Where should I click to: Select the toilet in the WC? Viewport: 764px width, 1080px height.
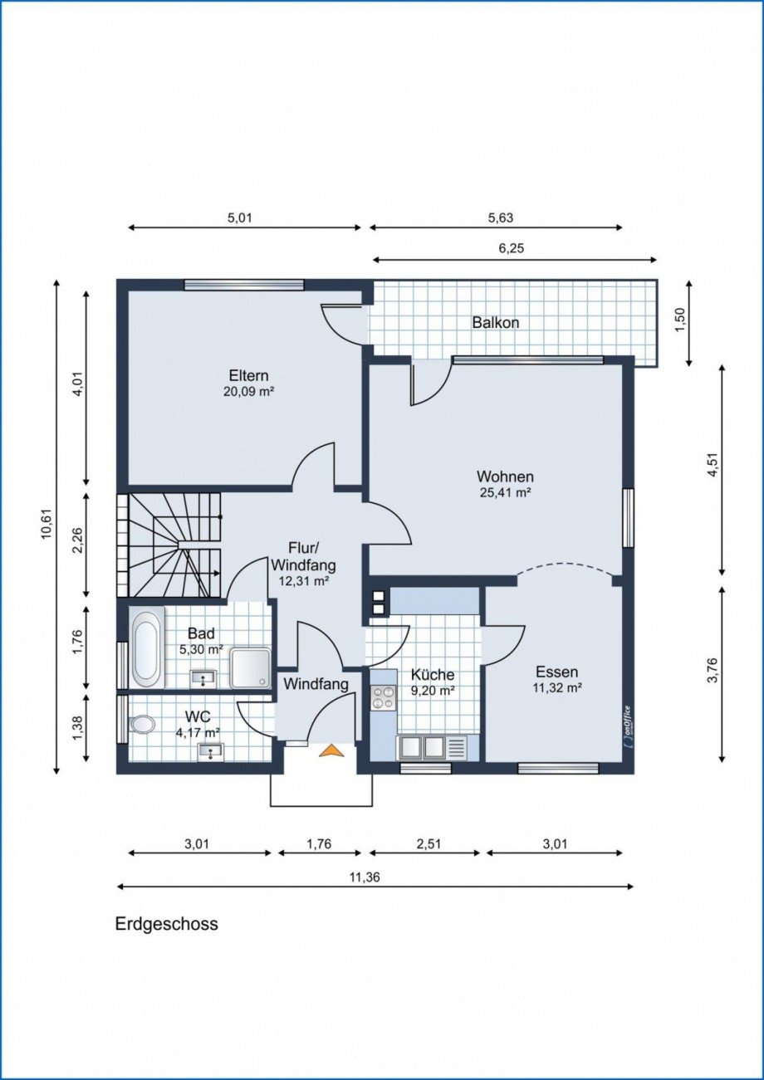pos(142,724)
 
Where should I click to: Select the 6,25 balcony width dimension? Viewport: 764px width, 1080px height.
pos(511,249)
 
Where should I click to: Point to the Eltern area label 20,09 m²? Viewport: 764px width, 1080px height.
pos(248,392)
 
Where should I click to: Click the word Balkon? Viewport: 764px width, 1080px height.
pos(495,323)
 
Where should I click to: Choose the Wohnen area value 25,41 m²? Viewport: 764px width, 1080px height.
pos(505,493)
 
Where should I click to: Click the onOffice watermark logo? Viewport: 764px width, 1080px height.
pos(626,728)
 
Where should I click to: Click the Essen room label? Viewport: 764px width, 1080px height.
pos(556,672)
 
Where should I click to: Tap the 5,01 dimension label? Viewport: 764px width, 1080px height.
pos(240,218)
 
